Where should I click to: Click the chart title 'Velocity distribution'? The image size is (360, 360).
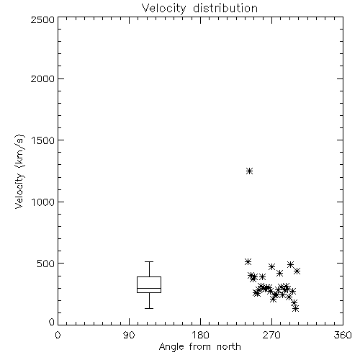199,9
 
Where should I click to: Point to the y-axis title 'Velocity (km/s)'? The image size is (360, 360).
19,171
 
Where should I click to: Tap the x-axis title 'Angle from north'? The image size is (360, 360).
199,347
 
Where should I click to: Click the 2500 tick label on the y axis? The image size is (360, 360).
42,19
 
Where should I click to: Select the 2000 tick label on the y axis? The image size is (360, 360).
42,78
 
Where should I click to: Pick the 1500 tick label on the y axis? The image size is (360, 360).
43,140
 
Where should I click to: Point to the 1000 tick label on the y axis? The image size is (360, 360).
43,202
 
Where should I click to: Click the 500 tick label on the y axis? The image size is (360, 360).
46,264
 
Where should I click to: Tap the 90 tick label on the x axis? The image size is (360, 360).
129,335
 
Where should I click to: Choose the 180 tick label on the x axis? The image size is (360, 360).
200,335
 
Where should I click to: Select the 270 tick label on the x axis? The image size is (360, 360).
271,335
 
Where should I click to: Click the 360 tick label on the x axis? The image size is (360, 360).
343,335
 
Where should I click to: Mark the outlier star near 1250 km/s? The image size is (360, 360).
250,171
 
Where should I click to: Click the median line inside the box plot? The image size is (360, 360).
149,288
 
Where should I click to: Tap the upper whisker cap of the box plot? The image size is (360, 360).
149,261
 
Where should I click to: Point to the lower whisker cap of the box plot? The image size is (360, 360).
149,308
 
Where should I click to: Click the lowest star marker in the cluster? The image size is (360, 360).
296,309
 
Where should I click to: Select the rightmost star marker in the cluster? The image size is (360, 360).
297,271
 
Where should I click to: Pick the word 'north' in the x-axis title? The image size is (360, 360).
229,347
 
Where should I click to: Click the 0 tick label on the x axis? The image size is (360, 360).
58,335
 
